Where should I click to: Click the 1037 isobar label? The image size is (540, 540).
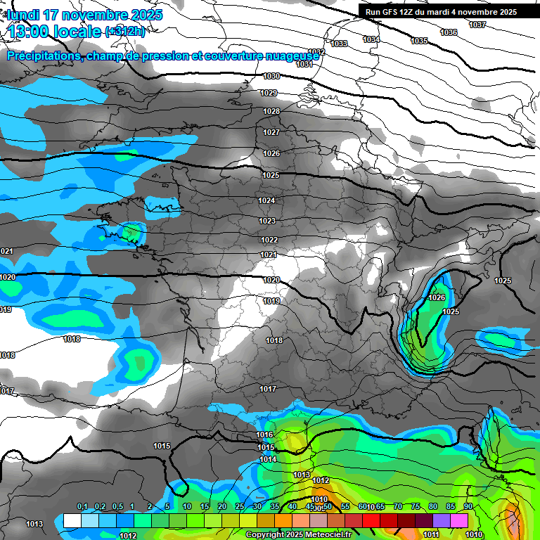pyautogui.click(x=477, y=25)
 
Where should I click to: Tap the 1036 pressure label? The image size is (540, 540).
pyautogui.click(x=448, y=32)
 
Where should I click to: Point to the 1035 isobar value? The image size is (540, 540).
pyautogui.click(x=419, y=41)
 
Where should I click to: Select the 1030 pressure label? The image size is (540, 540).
pyautogui.click(x=271, y=76)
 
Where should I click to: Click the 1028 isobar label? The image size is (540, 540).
pyautogui.click(x=271, y=111)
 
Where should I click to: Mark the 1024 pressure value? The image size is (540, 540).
pyautogui.click(x=266, y=200)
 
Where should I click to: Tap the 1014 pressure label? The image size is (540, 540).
pyautogui.click(x=268, y=459)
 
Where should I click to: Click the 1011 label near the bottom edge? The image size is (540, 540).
pyautogui.click(x=431, y=535)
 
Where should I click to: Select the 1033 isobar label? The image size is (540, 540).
pyautogui.click(x=339, y=44)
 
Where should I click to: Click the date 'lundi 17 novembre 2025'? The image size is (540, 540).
pyautogui.click(x=84, y=15)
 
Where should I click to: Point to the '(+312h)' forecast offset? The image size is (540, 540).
pyautogui.click(x=125, y=32)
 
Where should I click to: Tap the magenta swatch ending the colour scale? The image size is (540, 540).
pyautogui.click(x=459, y=520)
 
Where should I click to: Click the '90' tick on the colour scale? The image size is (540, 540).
pyautogui.click(x=468, y=507)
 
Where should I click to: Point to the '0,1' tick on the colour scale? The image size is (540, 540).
pyautogui.click(x=82, y=507)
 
